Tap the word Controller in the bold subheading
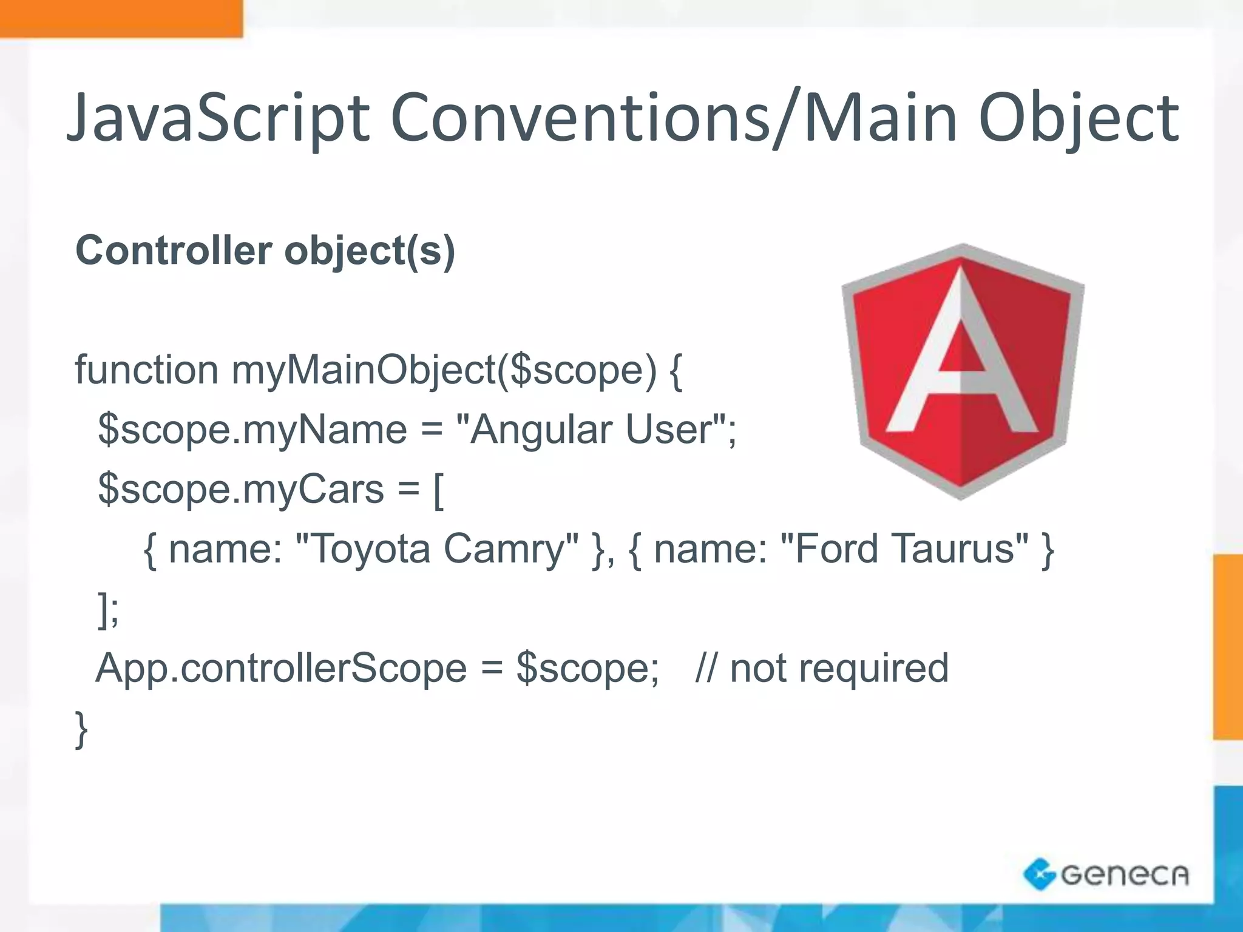tap(174, 250)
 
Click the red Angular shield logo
tap(963, 371)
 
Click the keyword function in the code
tap(146, 370)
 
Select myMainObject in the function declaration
tap(364, 370)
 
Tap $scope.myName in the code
tap(252, 430)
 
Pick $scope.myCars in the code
tap(241, 489)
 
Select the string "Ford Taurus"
tap(904, 549)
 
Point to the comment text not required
tap(839, 668)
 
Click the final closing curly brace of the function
tap(81, 729)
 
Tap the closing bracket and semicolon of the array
tap(109, 609)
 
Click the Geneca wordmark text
tap(1125, 874)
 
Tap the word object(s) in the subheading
tap(370, 250)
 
